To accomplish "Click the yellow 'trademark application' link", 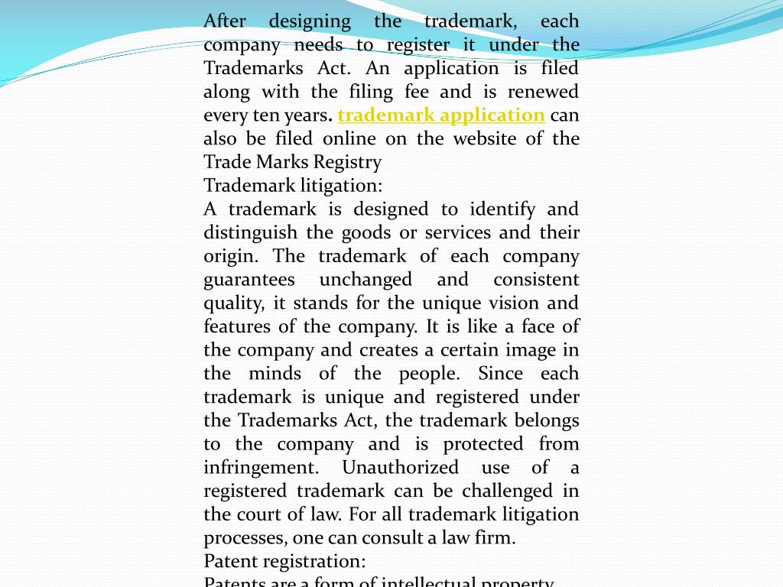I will point(441,115).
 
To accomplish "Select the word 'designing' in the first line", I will point(310,21).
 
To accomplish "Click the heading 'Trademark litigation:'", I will point(293,186).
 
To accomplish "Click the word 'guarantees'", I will point(249,280).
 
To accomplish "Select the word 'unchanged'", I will point(366,280).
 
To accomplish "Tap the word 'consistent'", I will point(536,280).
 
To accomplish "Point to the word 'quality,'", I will point(233,303).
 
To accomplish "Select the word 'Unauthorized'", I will point(400,468).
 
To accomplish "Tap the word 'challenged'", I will point(503,491).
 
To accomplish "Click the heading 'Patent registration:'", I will point(284,562).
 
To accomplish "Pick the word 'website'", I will point(485,139).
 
